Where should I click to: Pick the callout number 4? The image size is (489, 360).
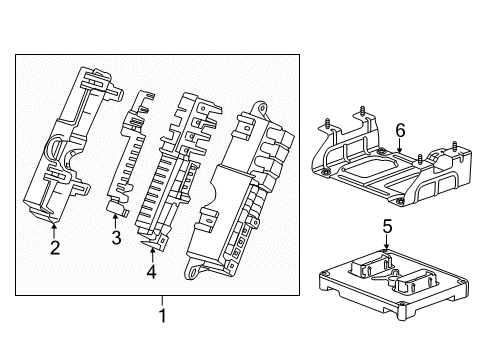click(x=151, y=270)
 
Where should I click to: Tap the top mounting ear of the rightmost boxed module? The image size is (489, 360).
click(x=263, y=107)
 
